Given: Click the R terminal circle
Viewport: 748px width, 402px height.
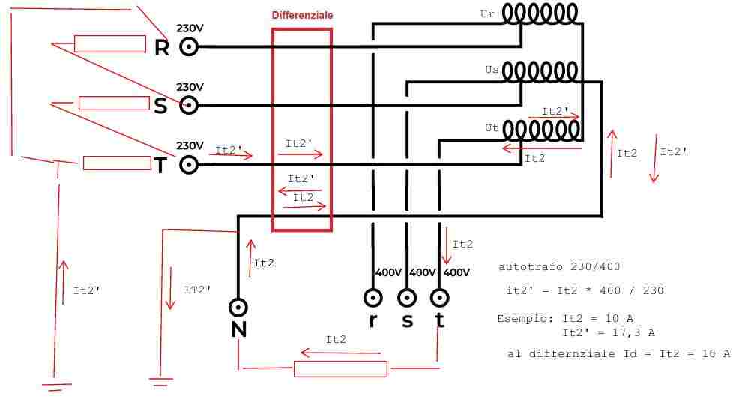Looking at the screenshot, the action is coord(188,46).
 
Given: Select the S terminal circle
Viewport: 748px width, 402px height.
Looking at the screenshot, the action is coord(188,105).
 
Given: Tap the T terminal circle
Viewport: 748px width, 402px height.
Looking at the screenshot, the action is coord(188,165).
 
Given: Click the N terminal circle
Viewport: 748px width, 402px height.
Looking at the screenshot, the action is coord(238,307).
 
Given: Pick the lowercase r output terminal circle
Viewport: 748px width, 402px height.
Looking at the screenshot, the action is coord(373,298).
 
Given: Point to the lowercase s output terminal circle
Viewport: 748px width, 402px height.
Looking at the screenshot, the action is coord(406,298).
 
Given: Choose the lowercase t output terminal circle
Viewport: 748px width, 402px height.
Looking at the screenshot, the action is coord(439,298).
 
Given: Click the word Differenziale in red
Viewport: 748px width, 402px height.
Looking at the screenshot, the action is coord(303,15).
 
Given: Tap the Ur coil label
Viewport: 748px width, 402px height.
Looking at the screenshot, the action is coord(487,13).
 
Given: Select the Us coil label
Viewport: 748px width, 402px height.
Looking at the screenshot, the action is coord(492,70).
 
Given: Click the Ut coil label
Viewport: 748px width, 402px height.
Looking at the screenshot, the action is coord(492,128).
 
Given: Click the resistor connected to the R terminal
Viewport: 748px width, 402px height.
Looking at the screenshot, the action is coord(110,44).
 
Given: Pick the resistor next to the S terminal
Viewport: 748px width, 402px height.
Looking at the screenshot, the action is coord(114,103).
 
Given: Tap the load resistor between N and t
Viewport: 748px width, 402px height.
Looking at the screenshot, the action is coord(340,369).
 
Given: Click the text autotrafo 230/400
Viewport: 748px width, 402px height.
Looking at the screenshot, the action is coord(559,266).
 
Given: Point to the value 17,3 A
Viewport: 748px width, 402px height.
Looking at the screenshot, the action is coord(633,332).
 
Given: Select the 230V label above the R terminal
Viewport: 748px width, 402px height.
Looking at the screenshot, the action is coord(190,28).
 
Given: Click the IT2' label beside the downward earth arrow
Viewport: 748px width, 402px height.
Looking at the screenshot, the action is coord(197,289).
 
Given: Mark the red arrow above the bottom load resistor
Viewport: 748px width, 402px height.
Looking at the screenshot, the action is coord(340,353).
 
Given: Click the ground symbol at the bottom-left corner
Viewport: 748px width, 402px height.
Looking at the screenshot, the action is coord(56,386).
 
